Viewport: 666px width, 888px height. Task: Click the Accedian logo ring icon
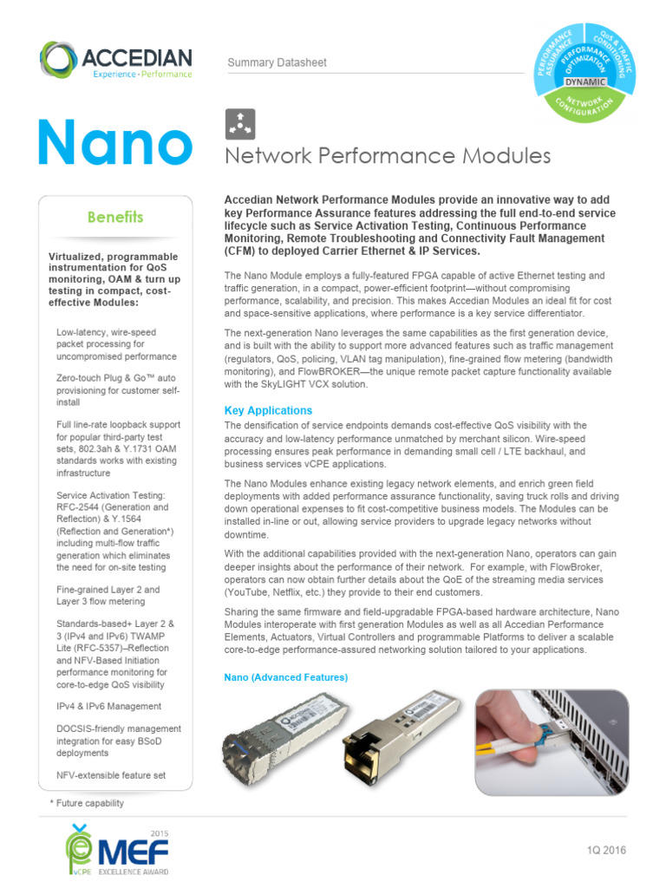pos(58,60)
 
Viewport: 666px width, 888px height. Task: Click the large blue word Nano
pos(114,143)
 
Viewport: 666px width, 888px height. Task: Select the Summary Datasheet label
pos(277,62)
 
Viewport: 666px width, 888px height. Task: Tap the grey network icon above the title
pos(240,124)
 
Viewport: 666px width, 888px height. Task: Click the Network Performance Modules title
pos(388,156)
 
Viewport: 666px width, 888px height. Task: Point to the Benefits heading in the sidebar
pos(115,217)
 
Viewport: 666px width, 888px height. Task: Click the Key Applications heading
pos(268,410)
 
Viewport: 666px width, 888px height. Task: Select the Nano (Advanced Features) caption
pos(285,676)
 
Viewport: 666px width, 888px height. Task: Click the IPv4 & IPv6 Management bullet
pos(108,706)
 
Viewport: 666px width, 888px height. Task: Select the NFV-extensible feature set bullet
pos(110,774)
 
